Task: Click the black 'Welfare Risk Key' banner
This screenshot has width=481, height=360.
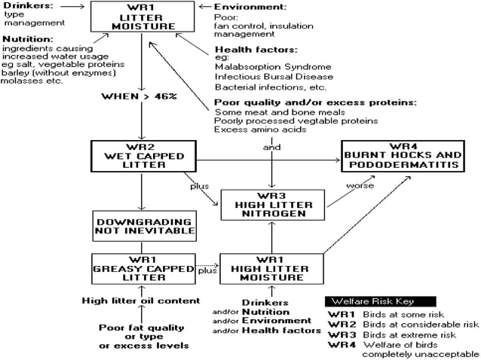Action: click(x=369, y=301)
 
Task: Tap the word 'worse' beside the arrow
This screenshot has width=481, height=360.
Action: click(x=360, y=186)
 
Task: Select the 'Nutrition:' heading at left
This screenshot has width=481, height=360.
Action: click(x=29, y=38)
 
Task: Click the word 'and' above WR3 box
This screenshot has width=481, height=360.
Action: click(x=271, y=147)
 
